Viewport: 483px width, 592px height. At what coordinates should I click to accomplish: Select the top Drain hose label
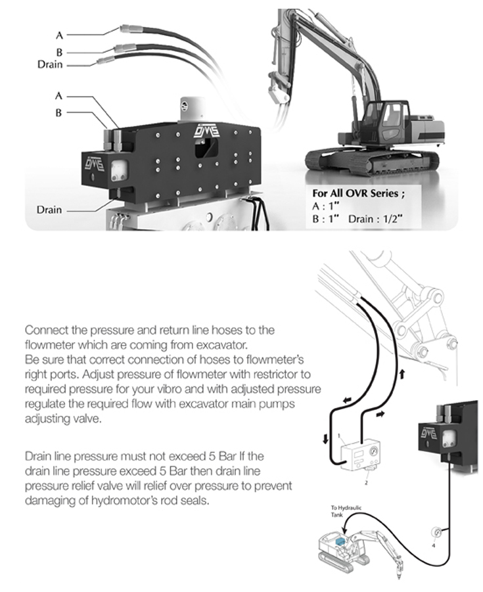pyautogui.click(x=51, y=64)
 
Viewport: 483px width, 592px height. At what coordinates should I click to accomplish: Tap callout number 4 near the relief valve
pyautogui.click(x=433, y=545)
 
